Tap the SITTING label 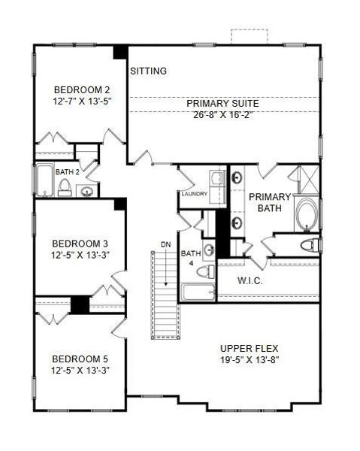(148, 71)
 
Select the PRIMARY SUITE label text (223, 103)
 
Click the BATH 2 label (65, 171)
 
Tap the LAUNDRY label (194, 194)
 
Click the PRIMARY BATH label (269, 202)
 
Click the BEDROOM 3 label (80, 244)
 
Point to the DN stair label (165, 244)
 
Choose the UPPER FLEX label (249, 348)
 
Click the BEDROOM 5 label (80, 359)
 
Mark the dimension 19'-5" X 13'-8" (249, 360)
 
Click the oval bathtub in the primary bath (307, 214)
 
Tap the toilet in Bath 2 (65, 187)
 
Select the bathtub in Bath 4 (197, 292)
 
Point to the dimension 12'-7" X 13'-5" (80, 99)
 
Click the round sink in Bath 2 (87, 191)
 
